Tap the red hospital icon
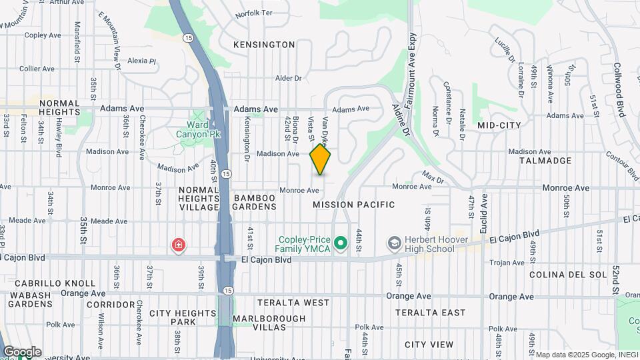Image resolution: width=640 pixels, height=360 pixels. tap(178, 245)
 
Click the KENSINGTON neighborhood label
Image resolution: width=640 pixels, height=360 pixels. tap(264, 45)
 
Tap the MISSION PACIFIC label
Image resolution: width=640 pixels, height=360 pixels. tap(353, 205)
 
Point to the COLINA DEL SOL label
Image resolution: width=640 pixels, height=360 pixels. tap(569, 275)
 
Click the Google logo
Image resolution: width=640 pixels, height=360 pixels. tap(22, 351)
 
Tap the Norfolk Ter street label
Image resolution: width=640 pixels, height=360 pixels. tap(254, 13)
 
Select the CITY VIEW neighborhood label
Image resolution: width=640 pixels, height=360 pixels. tap(429, 345)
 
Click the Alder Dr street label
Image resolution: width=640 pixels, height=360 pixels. tap(289, 78)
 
